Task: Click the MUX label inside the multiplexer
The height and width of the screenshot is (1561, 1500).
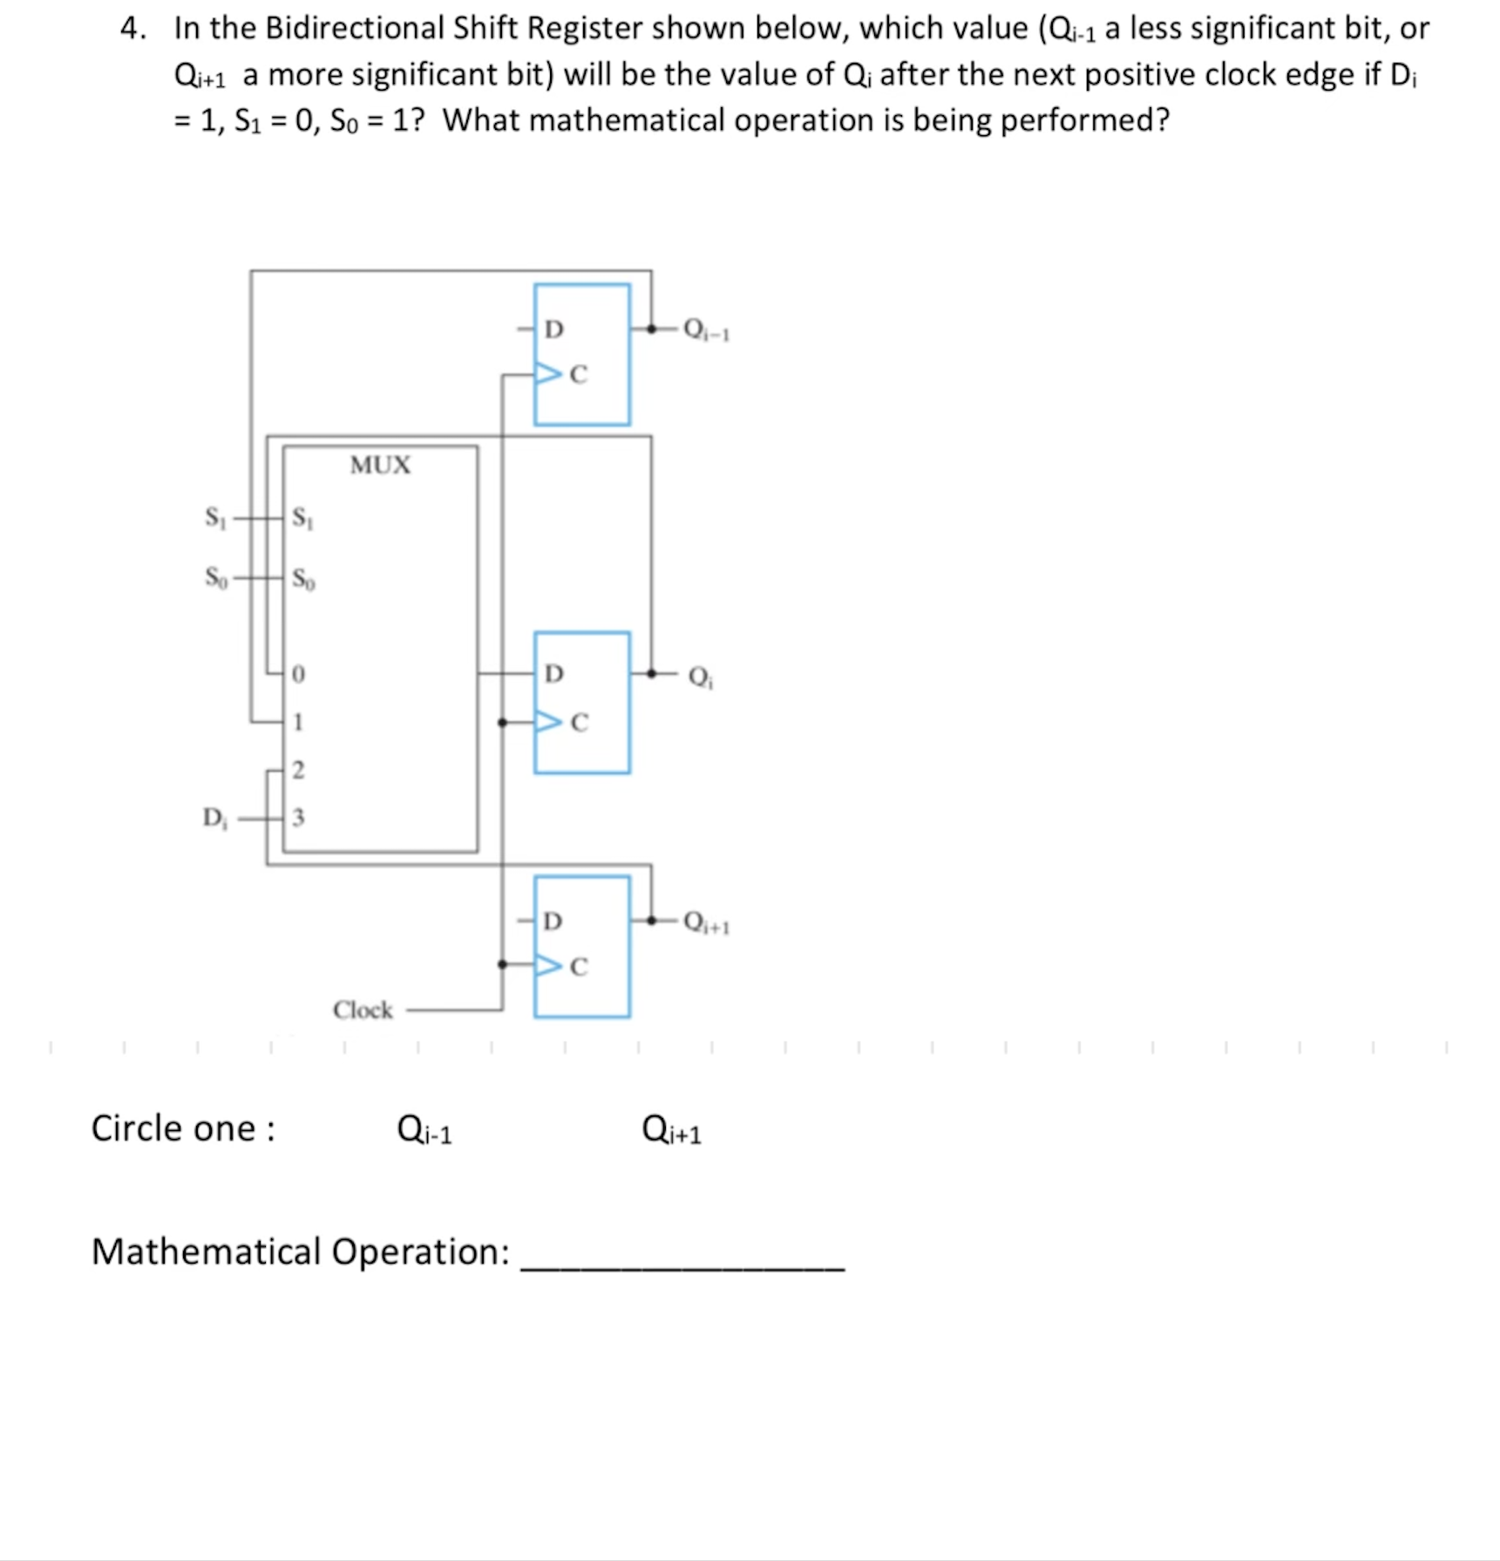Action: (380, 465)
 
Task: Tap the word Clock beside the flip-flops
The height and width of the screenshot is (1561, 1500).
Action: (363, 1010)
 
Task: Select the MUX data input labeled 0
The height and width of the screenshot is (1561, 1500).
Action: (298, 674)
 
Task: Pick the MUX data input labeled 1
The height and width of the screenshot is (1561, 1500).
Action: (298, 722)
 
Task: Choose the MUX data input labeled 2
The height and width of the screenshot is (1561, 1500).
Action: (298, 770)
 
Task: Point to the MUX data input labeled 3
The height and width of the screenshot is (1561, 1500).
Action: (298, 818)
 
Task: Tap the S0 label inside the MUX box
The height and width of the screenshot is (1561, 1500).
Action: (303, 578)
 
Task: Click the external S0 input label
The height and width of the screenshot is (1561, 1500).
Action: (215, 577)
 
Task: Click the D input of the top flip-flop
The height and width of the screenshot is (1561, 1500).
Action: (553, 329)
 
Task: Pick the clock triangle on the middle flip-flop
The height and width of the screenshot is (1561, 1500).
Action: (548, 722)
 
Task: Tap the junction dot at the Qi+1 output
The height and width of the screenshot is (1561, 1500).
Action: (651, 920)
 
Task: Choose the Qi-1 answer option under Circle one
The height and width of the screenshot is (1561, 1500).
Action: (424, 1129)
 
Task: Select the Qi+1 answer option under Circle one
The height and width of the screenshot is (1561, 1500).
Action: (671, 1129)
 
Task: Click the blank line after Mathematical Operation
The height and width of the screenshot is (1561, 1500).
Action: (682, 1256)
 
